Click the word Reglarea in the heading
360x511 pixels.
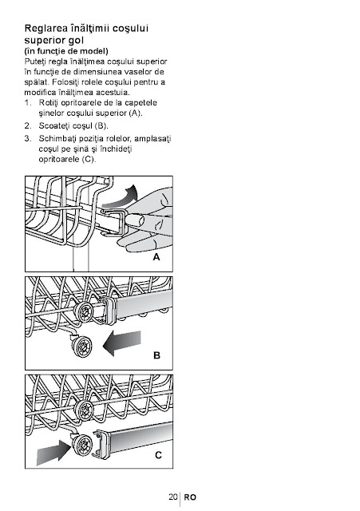[45, 29]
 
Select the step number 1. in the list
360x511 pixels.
[28, 103]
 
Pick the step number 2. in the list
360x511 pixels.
[28, 126]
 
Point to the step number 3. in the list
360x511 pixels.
[28, 138]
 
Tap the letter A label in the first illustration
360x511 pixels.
[156, 257]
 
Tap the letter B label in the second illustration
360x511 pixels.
[156, 355]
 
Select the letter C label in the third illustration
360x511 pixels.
[158, 455]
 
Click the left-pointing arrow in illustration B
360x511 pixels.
[122, 343]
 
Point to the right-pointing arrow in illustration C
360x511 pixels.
[54, 451]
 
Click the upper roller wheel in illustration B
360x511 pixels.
[84, 311]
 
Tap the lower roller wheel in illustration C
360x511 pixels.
[81, 446]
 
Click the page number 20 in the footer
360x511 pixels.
[173, 497]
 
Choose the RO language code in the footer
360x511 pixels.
[190, 497]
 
